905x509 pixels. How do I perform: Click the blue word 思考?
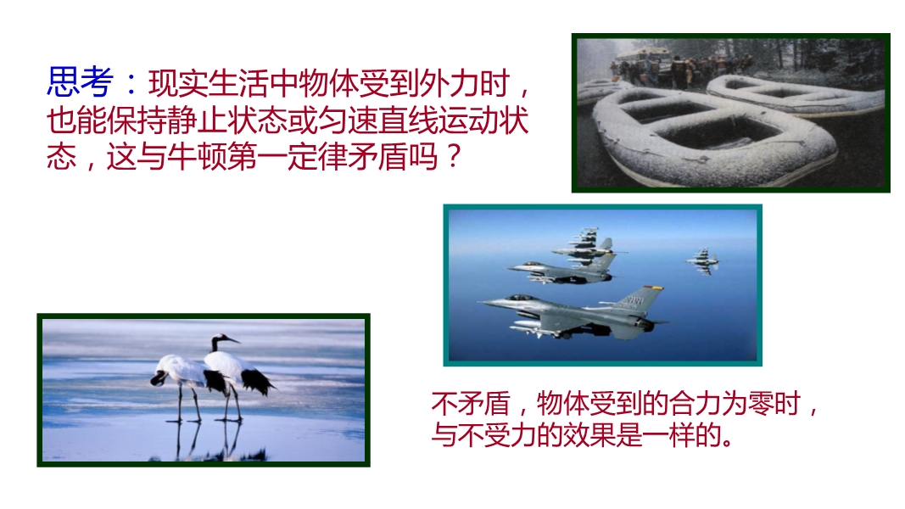coord(80,82)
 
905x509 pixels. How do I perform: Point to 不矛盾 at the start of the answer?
coord(471,404)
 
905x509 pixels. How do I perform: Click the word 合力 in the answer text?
coord(695,404)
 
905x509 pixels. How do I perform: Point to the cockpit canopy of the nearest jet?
coord(518,298)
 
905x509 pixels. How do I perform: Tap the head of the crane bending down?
coord(157,378)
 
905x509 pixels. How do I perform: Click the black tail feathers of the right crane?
coord(257,381)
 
